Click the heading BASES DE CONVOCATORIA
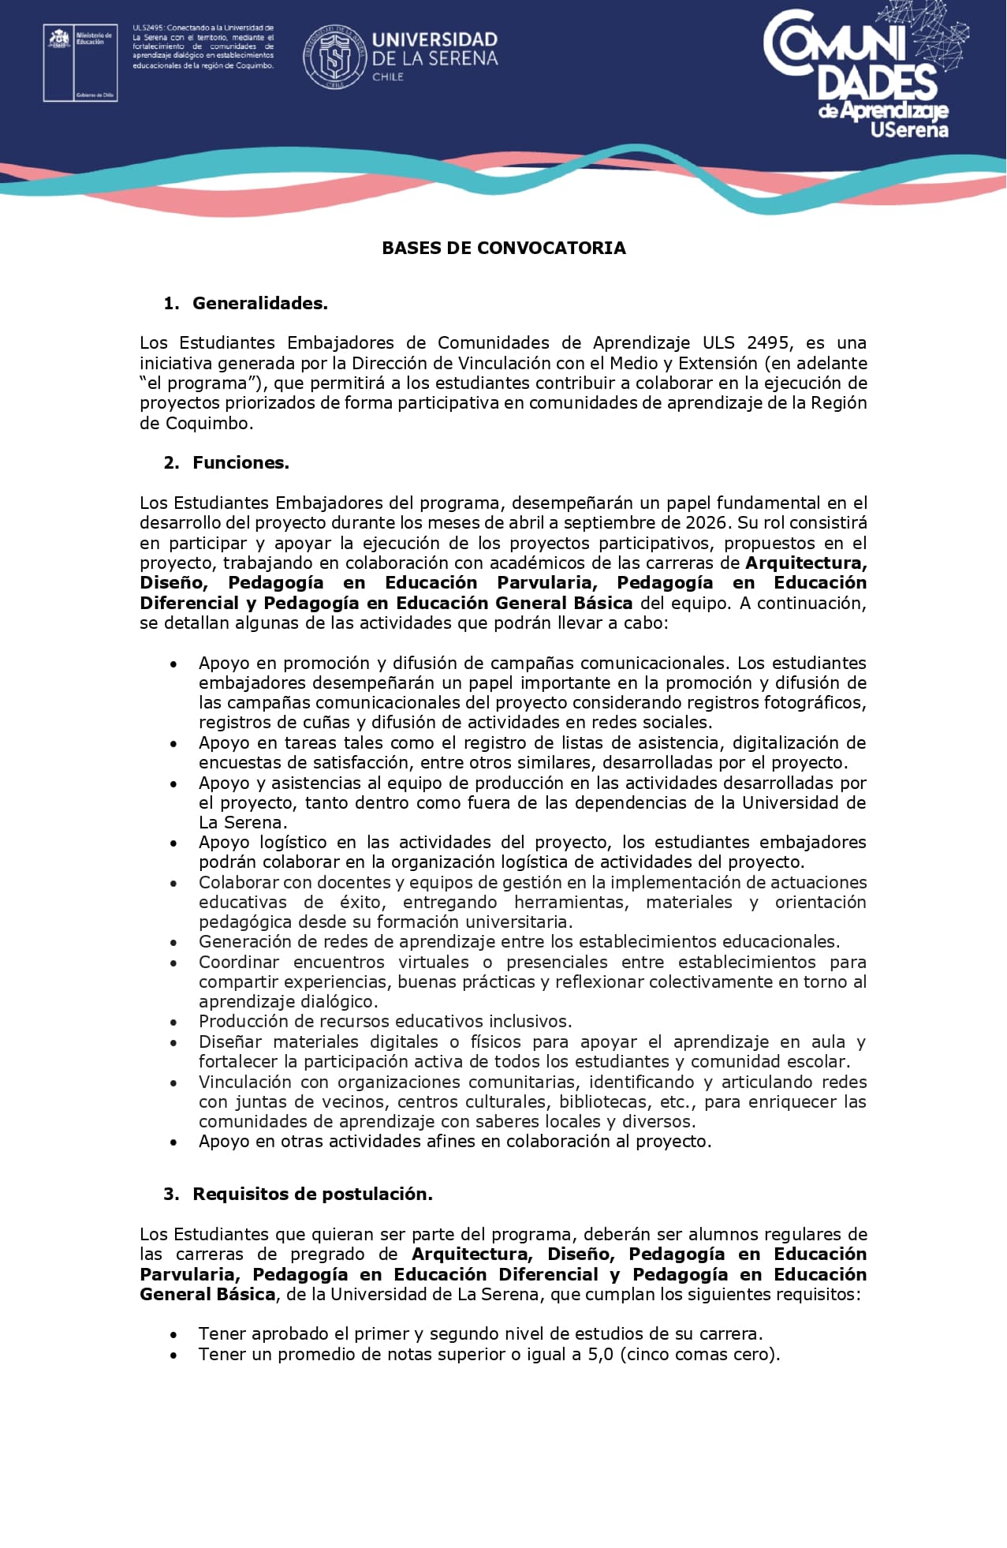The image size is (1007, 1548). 503,248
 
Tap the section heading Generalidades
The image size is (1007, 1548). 259,303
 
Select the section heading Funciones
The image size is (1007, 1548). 241,462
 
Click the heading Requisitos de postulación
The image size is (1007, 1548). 312,1194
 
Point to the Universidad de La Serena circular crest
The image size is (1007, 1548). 335,58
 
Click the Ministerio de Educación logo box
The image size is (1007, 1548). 80,62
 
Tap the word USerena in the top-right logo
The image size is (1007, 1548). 908,129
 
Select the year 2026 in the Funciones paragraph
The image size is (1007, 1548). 706,522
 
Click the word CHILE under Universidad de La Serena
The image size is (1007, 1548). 387,77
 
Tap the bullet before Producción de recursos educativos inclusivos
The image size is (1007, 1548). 173,1023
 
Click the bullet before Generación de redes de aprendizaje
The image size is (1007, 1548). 173,943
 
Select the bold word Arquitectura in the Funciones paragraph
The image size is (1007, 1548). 805,563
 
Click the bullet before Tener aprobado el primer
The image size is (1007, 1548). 173,1335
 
